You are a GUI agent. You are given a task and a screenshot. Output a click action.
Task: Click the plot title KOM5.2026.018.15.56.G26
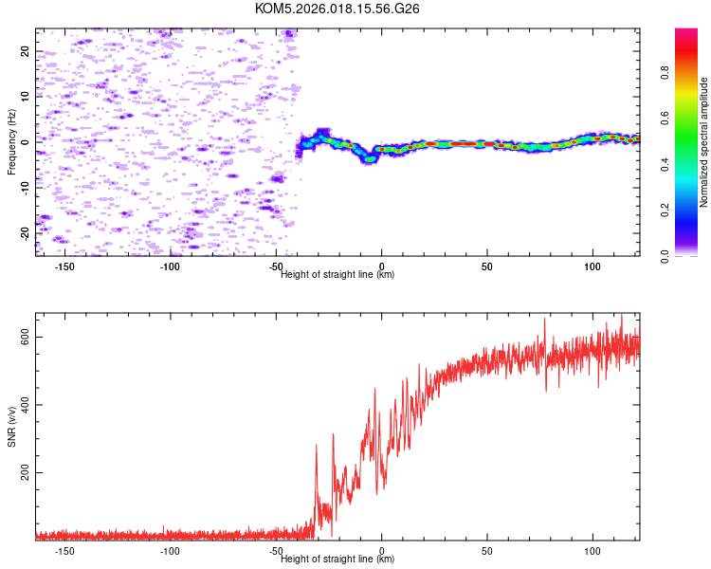pos(337,9)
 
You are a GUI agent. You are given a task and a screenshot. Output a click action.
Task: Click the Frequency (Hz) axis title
pos(11,142)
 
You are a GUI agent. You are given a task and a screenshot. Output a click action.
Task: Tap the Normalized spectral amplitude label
pos(704,142)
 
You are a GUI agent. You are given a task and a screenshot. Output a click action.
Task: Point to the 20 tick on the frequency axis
pos(26,51)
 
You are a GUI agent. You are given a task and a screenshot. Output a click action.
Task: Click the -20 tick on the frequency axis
pos(26,232)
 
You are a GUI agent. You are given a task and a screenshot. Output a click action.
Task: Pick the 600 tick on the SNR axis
pos(26,339)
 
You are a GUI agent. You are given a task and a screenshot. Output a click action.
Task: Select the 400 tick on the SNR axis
pos(26,406)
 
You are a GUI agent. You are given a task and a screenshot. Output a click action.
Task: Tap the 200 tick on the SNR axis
pos(26,473)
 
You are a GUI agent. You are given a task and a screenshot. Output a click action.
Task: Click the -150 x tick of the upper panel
pos(65,267)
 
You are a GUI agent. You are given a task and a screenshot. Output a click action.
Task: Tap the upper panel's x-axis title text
pos(337,275)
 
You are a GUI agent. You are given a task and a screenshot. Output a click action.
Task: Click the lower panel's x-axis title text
pos(337,560)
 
